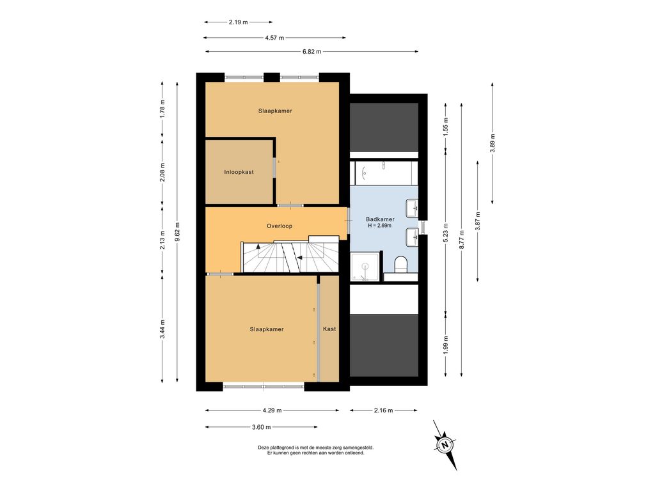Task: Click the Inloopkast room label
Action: (239, 172)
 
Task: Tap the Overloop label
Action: (280, 226)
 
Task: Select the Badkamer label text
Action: (380, 219)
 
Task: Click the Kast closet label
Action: (329, 329)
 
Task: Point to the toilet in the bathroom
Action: (400, 264)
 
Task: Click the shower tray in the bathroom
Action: (366, 267)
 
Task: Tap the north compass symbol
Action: (445, 444)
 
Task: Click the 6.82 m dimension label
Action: (312, 52)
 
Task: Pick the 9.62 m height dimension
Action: (178, 231)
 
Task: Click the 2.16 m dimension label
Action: (383, 410)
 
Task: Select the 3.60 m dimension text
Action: (262, 427)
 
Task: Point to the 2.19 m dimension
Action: (238, 22)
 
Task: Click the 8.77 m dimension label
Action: (462, 239)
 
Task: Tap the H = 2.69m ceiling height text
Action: (380, 226)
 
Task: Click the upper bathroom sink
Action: (412, 208)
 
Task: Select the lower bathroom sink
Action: (412, 237)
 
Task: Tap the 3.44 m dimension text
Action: (162, 329)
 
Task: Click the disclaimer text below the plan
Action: (316, 450)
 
